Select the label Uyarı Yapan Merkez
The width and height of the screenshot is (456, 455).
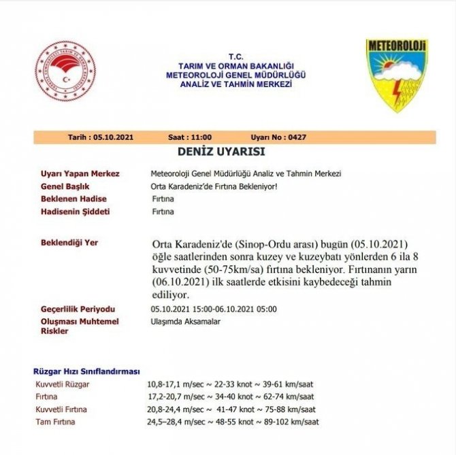(80, 174)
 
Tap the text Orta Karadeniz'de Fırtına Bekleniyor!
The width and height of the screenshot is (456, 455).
(214, 186)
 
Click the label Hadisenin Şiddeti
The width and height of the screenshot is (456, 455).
(76, 212)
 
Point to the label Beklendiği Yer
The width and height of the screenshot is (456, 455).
(69, 241)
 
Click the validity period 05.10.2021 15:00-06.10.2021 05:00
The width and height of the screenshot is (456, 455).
(214, 309)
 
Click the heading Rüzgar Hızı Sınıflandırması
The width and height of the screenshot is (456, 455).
(86, 371)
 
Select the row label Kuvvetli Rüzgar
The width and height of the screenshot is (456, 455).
(62, 384)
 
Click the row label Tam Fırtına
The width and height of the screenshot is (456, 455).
(55, 422)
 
